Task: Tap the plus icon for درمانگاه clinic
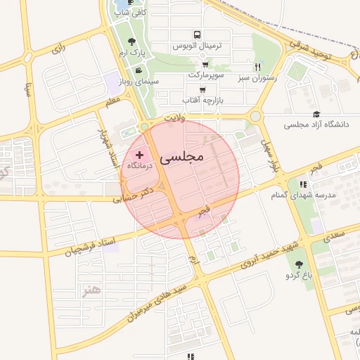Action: point(139,155)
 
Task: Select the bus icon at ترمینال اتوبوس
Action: point(197,34)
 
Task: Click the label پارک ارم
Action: point(131,54)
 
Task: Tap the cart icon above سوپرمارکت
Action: point(205,64)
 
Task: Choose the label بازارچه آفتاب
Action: point(202,100)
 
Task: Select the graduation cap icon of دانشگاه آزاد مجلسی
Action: point(316,114)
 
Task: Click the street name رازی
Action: point(58,50)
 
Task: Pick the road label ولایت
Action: point(172,119)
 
